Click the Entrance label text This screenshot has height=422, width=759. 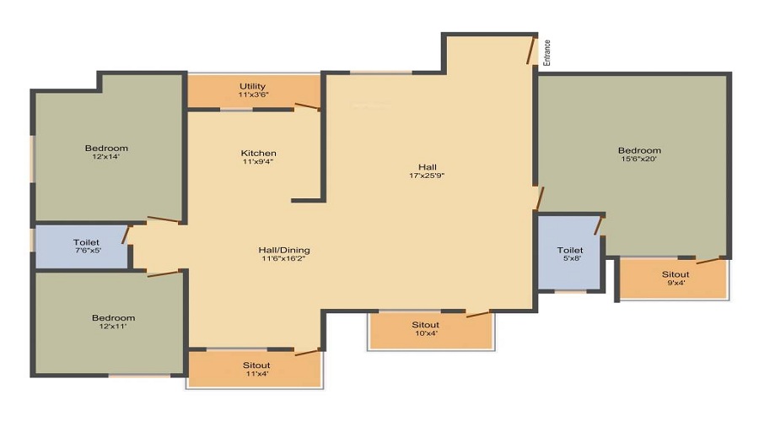click(x=546, y=52)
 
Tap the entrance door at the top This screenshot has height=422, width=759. click(x=532, y=51)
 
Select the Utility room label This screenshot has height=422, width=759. click(x=252, y=86)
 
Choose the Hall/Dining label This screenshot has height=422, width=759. click(x=284, y=250)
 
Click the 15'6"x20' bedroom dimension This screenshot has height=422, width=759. click(x=639, y=160)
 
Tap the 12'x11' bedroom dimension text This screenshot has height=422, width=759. click(x=114, y=327)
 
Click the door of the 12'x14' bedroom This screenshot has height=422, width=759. click(x=165, y=220)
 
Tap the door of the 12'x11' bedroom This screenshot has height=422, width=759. click(x=164, y=273)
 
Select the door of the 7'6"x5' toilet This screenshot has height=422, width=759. click(x=126, y=235)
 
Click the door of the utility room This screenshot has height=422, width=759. click(x=307, y=106)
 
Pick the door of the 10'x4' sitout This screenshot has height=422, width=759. click(x=477, y=314)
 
